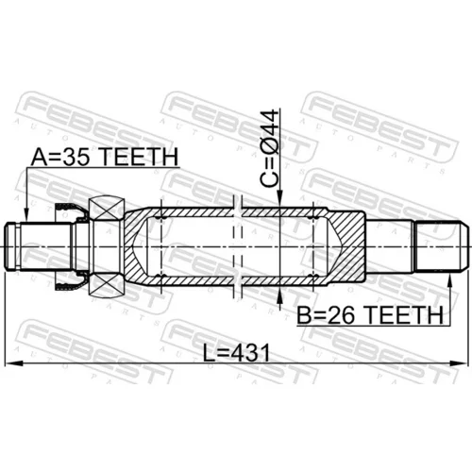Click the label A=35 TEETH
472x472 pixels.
pyautogui.click(x=105, y=157)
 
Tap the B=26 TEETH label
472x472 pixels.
pyautogui.click(x=370, y=315)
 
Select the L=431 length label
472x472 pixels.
pyautogui.click(x=236, y=353)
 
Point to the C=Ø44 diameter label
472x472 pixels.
pyautogui.click(x=270, y=148)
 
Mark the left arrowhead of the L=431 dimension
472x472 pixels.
pyautogui.click(x=13, y=363)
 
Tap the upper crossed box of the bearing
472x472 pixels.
pyautogui.click(x=107, y=208)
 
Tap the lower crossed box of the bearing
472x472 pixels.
pyautogui.click(x=107, y=285)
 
